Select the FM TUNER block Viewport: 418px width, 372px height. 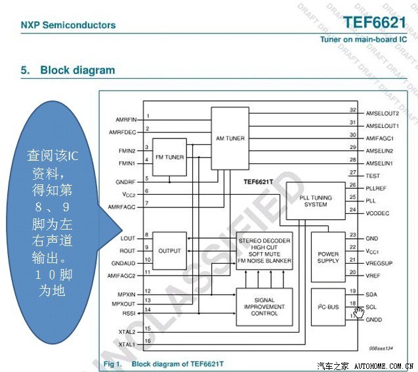[169, 157]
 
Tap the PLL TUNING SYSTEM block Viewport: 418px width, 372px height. [316, 200]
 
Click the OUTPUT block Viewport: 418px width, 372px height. [169, 251]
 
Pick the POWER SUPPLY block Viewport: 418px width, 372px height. [328, 257]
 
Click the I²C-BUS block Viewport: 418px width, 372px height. [328, 306]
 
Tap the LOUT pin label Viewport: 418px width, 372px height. [128, 238]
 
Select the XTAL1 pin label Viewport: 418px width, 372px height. [127, 344]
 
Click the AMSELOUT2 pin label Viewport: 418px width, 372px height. [382, 114]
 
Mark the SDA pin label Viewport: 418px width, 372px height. [371, 294]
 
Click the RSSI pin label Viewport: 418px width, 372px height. [128, 313]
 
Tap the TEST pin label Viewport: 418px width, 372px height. [372, 176]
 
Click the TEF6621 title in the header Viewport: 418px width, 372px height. [375, 22]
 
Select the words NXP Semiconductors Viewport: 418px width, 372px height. [68, 26]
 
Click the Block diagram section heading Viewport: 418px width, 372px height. [77, 70]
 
